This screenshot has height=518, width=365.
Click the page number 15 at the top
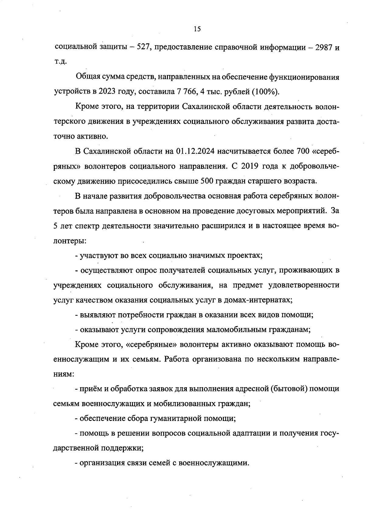click(197, 29)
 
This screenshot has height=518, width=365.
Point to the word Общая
click(86, 77)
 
